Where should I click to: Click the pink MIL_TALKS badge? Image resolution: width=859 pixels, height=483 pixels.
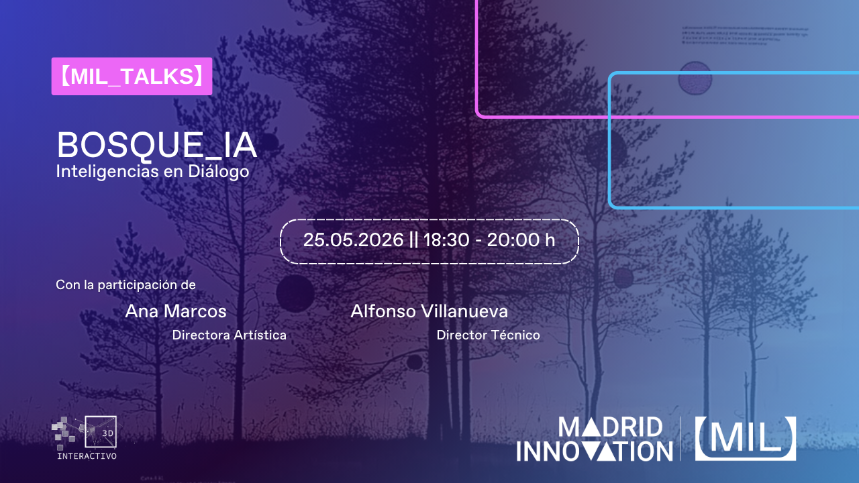coord(132,76)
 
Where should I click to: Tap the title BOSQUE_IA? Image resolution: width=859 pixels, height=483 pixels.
coord(156,145)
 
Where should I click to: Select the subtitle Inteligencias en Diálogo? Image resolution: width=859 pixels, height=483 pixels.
coord(152,172)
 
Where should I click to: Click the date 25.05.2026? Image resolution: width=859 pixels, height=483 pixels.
coord(353,239)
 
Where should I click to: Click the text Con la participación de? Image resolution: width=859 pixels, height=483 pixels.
coord(125,284)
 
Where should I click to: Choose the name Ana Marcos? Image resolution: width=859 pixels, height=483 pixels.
coord(176,311)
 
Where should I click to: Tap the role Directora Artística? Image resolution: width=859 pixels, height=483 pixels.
coord(230,335)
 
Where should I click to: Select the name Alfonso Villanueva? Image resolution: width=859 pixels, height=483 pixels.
coord(429,311)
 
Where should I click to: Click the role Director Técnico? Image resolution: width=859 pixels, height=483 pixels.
coord(488,335)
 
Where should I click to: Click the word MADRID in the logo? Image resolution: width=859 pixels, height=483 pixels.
coord(610,427)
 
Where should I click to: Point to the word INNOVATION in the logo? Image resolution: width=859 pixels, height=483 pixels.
coord(594,450)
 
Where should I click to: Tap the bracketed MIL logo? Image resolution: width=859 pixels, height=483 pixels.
coord(745,438)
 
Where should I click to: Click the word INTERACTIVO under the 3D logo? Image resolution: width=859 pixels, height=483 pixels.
coord(87,456)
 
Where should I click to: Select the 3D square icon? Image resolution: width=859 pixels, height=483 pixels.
coord(101,432)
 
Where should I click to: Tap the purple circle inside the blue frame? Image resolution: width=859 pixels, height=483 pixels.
coord(695,78)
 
